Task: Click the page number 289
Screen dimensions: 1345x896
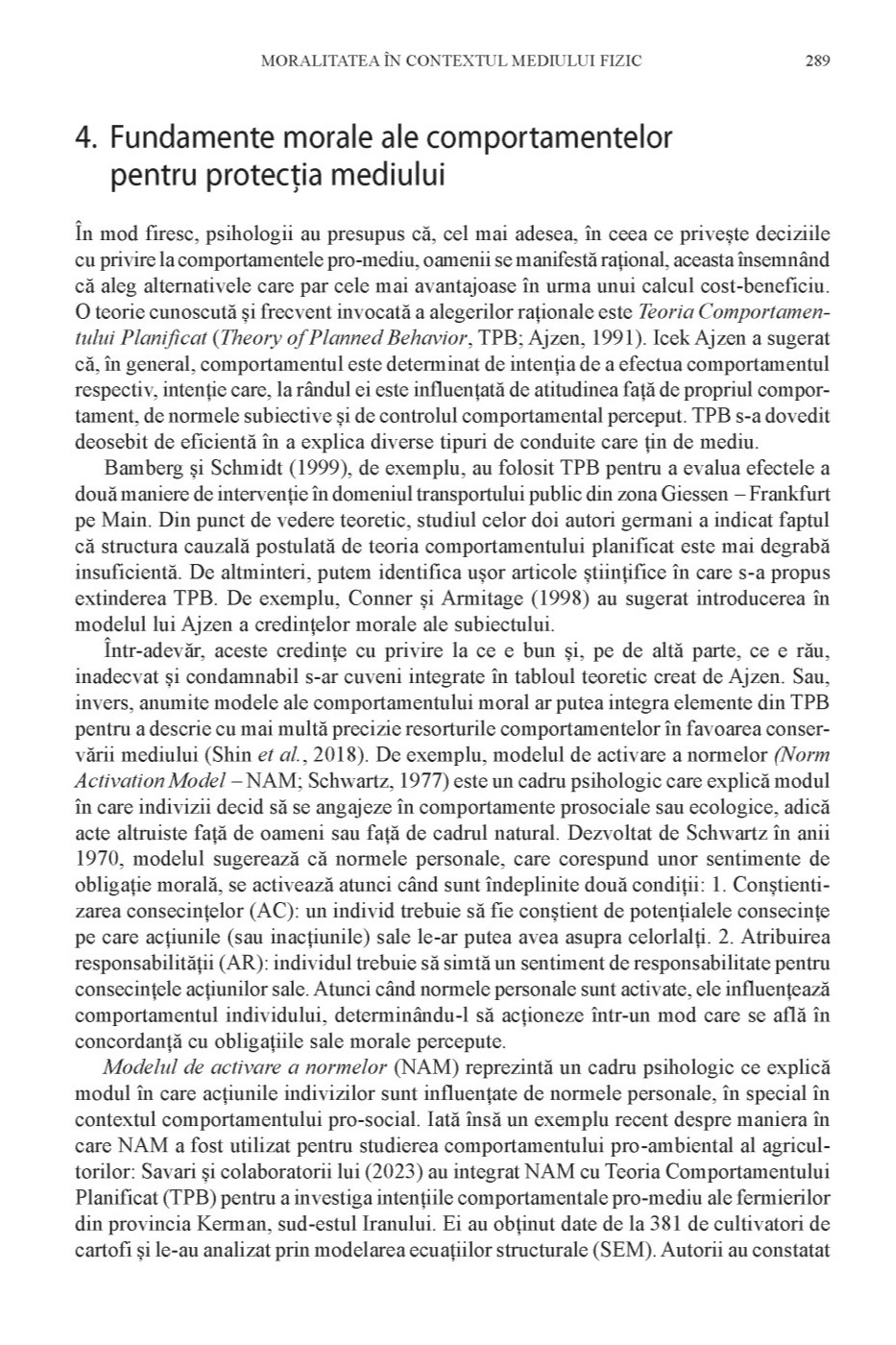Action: (x=817, y=61)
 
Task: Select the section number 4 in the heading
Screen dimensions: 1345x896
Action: (x=85, y=139)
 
